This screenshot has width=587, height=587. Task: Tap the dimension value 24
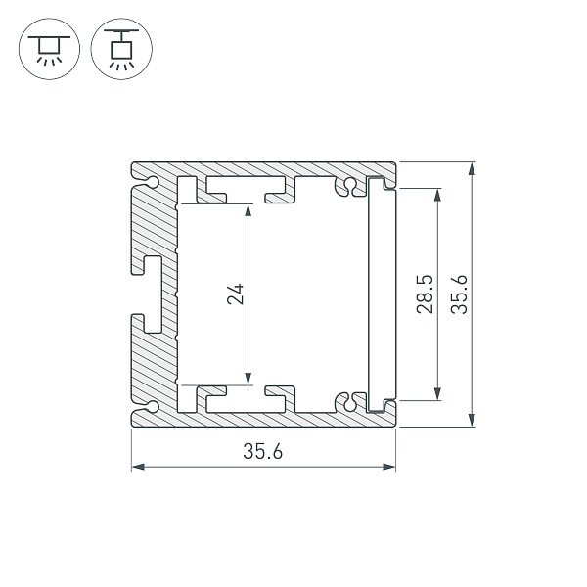235,293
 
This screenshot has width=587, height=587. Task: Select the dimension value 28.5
423,293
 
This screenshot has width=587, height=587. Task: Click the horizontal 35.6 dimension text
263,452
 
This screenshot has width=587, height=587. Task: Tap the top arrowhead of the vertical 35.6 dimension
473,168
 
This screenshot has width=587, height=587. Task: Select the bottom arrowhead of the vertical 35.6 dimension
473,422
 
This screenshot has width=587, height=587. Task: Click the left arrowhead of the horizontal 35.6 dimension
137,467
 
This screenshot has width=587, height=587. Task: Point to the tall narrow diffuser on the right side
377,293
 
